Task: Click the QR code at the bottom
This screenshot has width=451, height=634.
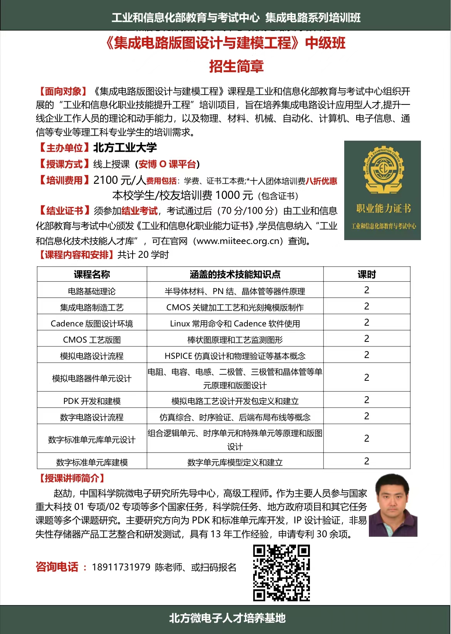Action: pos(281,573)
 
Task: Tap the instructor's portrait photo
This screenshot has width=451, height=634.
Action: pos(393,505)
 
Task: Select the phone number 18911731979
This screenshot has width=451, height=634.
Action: pos(121,567)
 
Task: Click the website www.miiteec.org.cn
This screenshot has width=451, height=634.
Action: pos(238,241)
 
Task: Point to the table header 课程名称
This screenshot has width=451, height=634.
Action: pos(92,274)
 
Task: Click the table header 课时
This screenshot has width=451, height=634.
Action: pos(367,274)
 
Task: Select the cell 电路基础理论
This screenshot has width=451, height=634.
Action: pos(92,291)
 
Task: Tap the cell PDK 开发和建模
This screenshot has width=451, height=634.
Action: pos(92,401)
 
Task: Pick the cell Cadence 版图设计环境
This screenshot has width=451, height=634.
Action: pos(92,324)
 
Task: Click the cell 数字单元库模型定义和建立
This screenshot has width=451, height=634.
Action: pos(235,462)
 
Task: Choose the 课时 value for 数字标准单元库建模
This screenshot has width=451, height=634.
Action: pos(367,461)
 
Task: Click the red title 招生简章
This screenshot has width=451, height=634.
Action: pos(236,66)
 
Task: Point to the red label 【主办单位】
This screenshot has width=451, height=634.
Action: pos(64,148)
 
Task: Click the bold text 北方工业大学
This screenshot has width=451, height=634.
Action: pos(125,148)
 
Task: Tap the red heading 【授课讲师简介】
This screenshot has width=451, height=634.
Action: pos(72,479)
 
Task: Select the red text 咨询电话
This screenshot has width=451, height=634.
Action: pos(57,567)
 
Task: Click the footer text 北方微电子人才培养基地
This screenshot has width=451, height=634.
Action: pos(227,618)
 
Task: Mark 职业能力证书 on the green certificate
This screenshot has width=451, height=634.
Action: pos(383,209)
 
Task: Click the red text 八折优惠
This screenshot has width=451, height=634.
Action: pos(321,181)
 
